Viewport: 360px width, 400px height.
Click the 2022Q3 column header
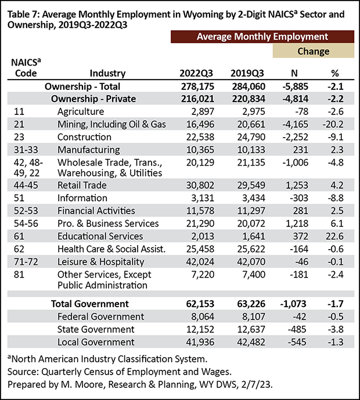click(196, 73)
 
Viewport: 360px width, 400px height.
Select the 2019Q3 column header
click(247, 73)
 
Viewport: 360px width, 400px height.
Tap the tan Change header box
click(314, 51)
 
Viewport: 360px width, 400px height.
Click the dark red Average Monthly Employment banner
click(262, 37)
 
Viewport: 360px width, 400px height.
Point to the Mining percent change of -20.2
click(333, 124)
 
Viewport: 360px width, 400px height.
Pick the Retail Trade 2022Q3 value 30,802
click(200, 185)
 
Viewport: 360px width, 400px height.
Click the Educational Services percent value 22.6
click(334, 236)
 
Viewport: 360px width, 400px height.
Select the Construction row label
click(84, 137)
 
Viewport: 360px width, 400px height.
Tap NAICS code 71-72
click(26, 262)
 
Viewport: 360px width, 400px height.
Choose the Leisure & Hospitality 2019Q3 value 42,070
click(251, 262)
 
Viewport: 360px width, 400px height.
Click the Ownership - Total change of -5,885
click(295, 87)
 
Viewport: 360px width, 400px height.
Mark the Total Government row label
click(90, 304)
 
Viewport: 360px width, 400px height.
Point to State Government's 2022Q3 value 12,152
click(200, 329)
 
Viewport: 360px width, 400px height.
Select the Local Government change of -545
click(297, 342)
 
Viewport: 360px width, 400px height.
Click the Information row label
click(82, 198)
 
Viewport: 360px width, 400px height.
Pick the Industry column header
click(107, 73)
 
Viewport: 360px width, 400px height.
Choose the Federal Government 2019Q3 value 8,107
click(254, 316)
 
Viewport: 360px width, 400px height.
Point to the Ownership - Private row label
click(93, 99)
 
